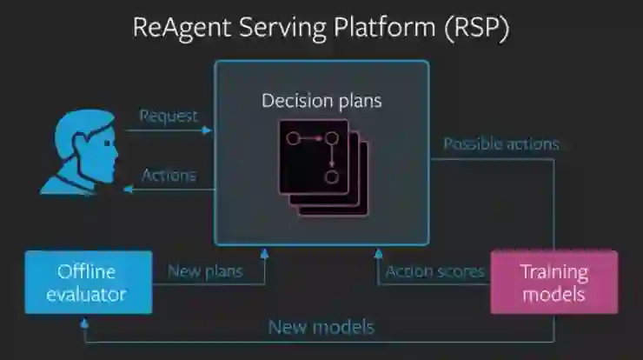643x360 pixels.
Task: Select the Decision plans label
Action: pos(321,101)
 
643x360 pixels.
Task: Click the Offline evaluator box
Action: pos(89,282)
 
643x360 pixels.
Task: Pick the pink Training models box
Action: pos(554,282)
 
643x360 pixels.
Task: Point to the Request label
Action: pos(169,115)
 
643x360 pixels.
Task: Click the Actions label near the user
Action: pos(169,175)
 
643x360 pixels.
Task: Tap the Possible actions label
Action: pos(501,143)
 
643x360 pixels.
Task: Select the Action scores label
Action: pos(434,271)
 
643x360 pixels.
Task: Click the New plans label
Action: pos(205,271)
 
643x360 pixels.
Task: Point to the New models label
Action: pos(321,327)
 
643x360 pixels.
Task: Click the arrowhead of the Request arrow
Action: pos(207,130)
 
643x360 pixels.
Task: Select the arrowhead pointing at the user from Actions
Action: pos(127,190)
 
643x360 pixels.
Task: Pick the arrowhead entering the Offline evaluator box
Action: pos(84,320)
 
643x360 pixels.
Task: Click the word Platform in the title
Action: pos(386,27)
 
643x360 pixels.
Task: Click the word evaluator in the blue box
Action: pos(89,294)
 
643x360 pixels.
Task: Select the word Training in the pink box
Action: pos(554,271)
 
